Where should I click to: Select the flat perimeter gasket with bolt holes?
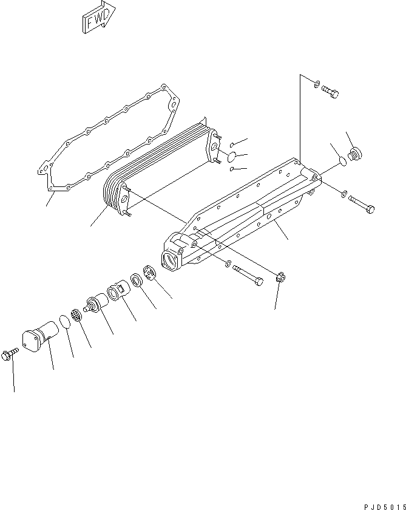[x=109, y=141]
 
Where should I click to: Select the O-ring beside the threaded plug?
[x=341, y=161]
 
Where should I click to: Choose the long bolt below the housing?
[x=248, y=274]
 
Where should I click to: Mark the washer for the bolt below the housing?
[x=226, y=264]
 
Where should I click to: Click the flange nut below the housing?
[x=280, y=280]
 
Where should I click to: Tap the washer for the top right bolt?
[x=316, y=83]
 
